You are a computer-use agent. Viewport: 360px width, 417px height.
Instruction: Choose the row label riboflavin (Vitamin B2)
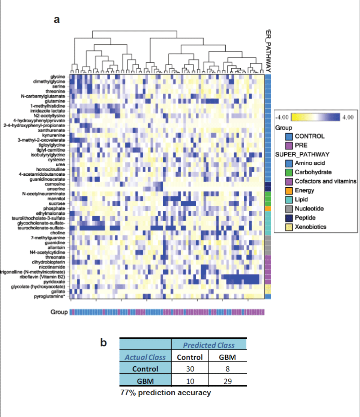45,277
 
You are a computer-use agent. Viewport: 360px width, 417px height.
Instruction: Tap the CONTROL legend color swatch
288,136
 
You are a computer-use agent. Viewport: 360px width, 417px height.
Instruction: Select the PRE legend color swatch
288,145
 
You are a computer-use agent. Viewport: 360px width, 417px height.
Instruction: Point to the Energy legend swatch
288,190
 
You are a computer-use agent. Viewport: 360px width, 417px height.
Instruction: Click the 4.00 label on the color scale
347,117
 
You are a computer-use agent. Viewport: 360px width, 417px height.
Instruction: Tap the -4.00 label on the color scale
283,117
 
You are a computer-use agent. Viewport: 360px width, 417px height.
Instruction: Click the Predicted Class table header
208,345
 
